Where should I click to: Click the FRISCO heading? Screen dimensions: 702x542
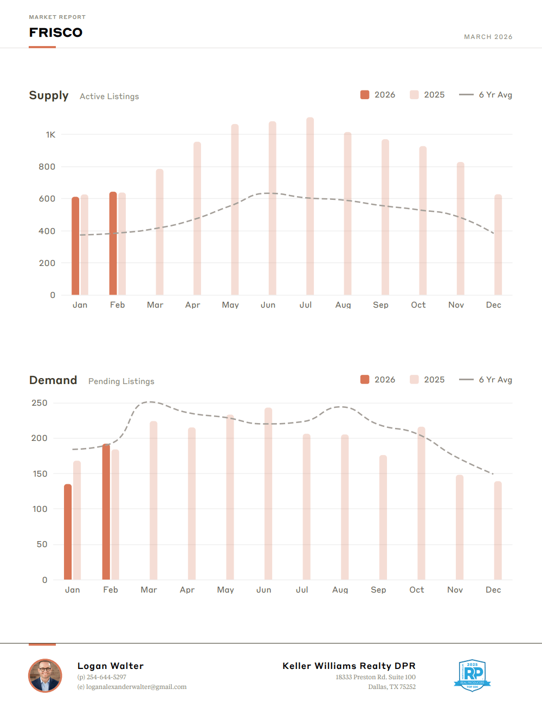[56, 32]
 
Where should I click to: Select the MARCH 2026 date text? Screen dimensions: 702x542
[488, 37]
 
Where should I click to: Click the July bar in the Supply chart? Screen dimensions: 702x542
[310, 206]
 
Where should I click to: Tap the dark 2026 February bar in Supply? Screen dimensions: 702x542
[113, 244]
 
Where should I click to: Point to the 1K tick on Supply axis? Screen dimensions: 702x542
[50, 135]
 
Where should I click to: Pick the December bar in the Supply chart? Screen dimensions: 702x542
[498, 245]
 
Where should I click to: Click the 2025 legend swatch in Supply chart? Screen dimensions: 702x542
[414, 95]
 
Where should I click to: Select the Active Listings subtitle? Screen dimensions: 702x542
[109, 96]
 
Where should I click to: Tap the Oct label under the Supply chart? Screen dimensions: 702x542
[418, 305]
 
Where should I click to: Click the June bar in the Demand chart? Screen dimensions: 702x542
[268, 493]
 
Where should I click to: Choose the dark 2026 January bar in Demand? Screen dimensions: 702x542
[68, 532]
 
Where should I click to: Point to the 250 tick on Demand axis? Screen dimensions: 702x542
[40, 403]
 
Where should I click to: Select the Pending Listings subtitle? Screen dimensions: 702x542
[121, 381]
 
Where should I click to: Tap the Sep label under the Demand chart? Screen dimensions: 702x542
[378, 590]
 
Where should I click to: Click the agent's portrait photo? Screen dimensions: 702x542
[45, 675]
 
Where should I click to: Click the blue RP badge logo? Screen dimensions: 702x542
[472, 675]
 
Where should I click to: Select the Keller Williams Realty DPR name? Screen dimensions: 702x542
[349, 666]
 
